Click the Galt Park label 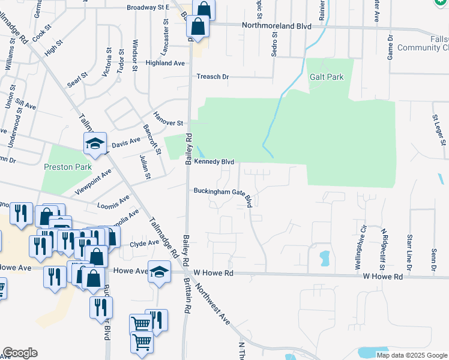327,77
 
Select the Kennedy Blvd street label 213,162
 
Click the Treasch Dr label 213,77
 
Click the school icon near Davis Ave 94,143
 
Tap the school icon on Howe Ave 160,272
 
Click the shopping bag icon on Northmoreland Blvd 197,26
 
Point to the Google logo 20,353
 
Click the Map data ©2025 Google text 411,355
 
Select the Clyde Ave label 145,243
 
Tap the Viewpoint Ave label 93,182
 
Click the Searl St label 77,80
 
